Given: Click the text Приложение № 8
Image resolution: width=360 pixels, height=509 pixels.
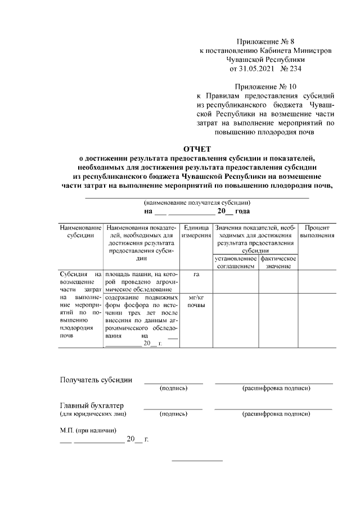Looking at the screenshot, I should click(265, 41).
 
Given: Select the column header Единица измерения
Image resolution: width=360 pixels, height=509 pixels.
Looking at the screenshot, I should click(196, 231).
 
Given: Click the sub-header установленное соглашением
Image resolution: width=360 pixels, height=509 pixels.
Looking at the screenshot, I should click(236, 262).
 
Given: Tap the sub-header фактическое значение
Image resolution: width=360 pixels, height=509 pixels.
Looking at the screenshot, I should click(278, 262).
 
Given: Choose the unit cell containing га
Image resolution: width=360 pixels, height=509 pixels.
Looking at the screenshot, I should click(196, 274).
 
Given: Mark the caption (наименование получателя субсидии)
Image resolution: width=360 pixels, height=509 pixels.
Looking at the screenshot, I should click(197, 202).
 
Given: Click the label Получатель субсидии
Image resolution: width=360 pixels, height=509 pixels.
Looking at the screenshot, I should click(96, 380).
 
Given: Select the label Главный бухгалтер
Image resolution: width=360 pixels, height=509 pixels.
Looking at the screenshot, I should click(92, 406).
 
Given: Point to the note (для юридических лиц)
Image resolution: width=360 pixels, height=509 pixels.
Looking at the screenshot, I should click(93, 414).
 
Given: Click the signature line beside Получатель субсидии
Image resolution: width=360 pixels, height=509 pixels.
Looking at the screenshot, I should click(173, 382).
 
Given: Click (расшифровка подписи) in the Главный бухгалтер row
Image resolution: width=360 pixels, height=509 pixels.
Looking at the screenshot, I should click(276, 414).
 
